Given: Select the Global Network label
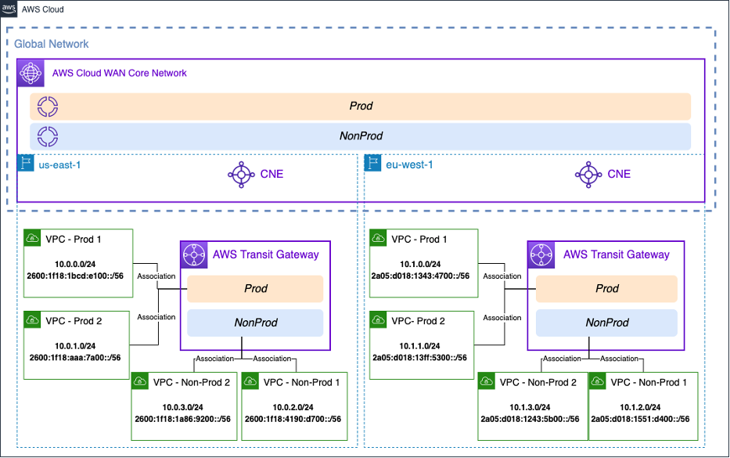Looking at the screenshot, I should [x=52, y=44].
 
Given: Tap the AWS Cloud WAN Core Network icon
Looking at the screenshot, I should [x=31, y=73].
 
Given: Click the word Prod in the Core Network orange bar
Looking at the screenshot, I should [x=361, y=106].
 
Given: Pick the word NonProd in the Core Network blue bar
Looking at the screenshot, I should [x=361, y=135].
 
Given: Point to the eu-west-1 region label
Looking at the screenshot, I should [x=410, y=164].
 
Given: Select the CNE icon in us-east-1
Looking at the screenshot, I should [x=239, y=174].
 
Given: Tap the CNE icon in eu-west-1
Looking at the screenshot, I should [x=587, y=174].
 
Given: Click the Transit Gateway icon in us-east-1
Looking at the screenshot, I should [x=193, y=254].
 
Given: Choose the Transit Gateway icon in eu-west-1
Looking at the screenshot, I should [x=541, y=254].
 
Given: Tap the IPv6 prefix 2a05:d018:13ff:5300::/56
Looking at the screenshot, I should [x=423, y=357].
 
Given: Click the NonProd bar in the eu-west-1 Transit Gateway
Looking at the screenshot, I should [x=607, y=323].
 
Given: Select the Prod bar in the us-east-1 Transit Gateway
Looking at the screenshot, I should [x=256, y=288].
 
